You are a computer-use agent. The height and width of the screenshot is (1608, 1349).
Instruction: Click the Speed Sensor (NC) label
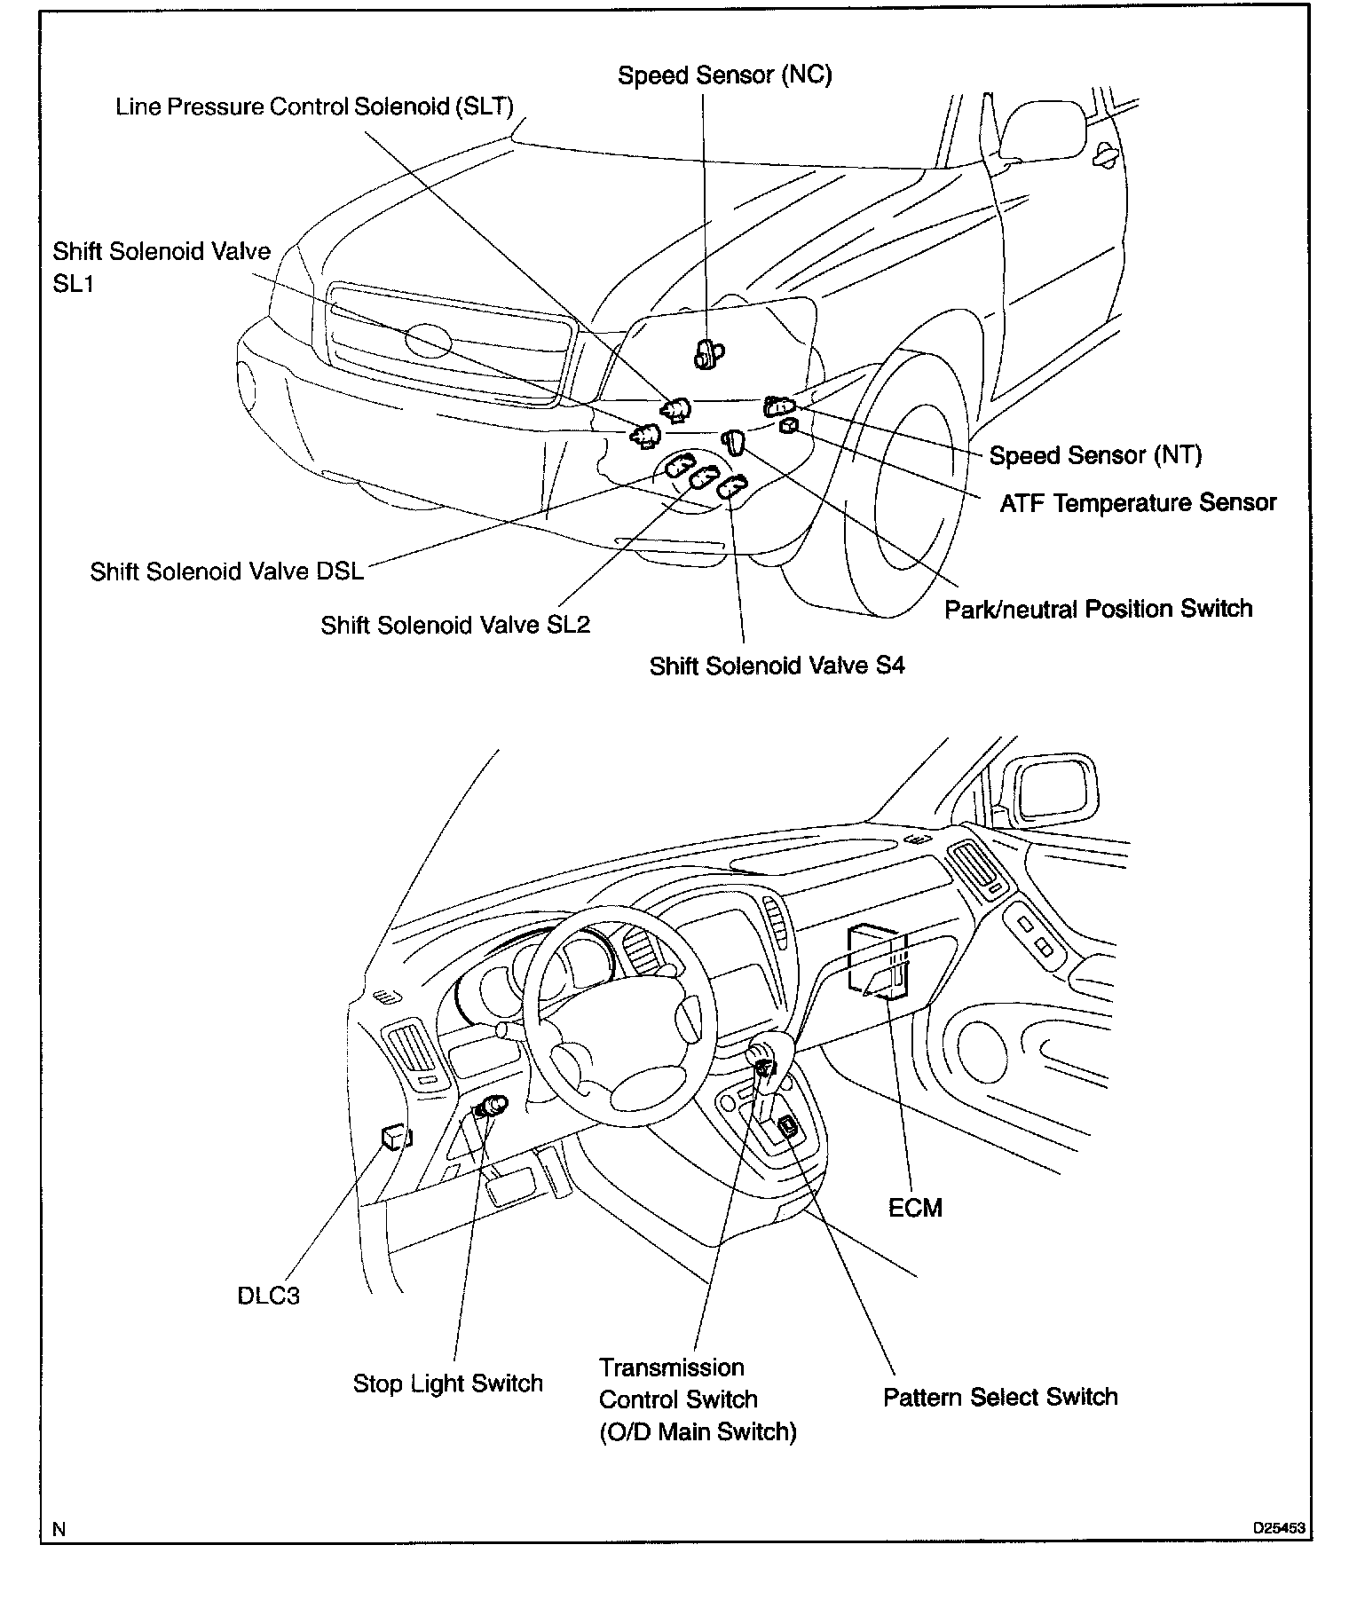pos(724,75)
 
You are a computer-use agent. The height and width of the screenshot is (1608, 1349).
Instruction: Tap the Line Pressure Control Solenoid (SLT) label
pos(315,107)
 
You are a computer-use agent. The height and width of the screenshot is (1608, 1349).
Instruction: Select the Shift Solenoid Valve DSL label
pos(227,571)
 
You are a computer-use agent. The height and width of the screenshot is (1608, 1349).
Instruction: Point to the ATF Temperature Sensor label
pos(1138,503)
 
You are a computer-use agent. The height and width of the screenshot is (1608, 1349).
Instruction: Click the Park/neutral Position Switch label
pos(1098,610)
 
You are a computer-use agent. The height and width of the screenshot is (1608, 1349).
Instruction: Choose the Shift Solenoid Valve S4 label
pos(777,666)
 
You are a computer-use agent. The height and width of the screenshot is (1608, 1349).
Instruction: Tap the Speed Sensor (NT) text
pos(1095,456)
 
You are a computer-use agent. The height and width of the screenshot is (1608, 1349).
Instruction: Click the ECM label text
pos(915,1208)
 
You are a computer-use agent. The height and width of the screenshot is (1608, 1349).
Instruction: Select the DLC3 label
pos(268,1296)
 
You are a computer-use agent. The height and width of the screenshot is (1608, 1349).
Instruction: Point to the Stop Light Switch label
pos(447,1383)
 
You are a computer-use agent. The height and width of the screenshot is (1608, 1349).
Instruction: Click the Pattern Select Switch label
pos(1000,1398)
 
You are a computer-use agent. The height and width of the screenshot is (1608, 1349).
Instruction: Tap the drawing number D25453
pos(1279,1529)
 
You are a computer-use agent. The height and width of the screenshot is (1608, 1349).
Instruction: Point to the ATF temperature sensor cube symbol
pos(787,428)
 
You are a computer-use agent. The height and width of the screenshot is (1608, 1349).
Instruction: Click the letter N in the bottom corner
pos(59,1529)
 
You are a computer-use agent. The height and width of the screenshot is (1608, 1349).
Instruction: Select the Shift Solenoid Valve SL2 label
pos(455,626)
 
